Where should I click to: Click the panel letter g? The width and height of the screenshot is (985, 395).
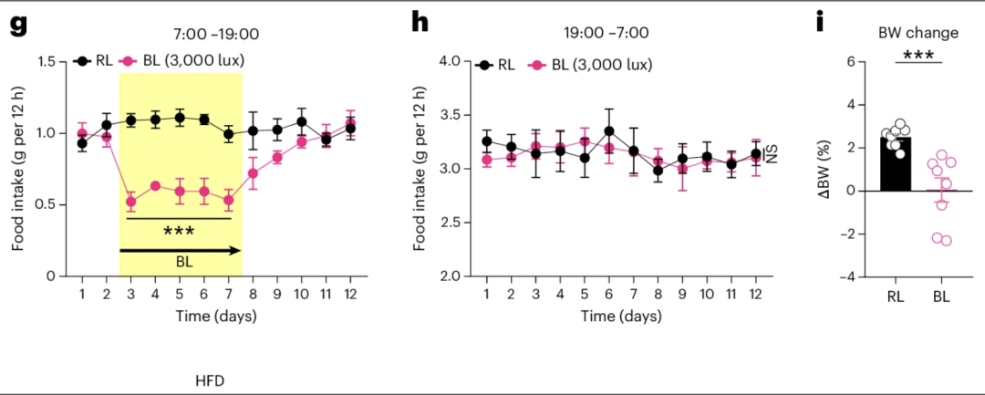pyautogui.click(x=17, y=24)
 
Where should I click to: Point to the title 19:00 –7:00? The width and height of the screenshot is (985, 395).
pyautogui.click(x=606, y=34)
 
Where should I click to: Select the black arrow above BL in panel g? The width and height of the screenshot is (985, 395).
pyautogui.click(x=180, y=249)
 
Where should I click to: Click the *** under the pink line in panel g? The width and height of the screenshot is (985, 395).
pyautogui.click(x=180, y=231)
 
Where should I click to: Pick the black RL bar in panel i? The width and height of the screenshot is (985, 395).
pyautogui.click(x=897, y=164)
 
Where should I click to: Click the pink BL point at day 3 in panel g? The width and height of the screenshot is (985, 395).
pyautogui.click(x=130, y=202)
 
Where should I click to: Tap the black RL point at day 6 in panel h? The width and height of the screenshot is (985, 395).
pyautogui.click(x=608, y=131)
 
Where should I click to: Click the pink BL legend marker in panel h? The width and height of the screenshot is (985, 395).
pyautogui.click(x=538, y=66)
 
